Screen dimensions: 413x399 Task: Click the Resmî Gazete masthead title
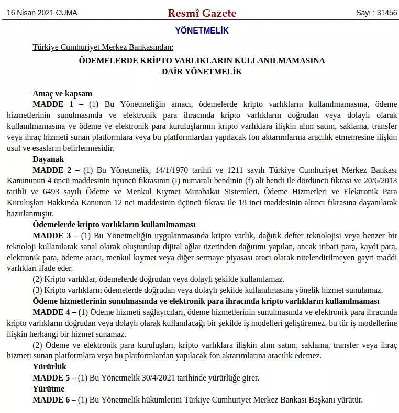click(x=202, y=13)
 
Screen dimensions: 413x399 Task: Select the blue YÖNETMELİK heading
click(x=202, y=31)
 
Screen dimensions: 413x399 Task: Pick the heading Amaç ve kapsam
click(x=62, y=94)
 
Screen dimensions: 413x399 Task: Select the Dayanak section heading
click(x=48, y=159)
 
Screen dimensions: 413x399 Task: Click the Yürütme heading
click(x=49, y=388)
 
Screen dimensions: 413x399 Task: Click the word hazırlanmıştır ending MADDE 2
click(x=30, y=214)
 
